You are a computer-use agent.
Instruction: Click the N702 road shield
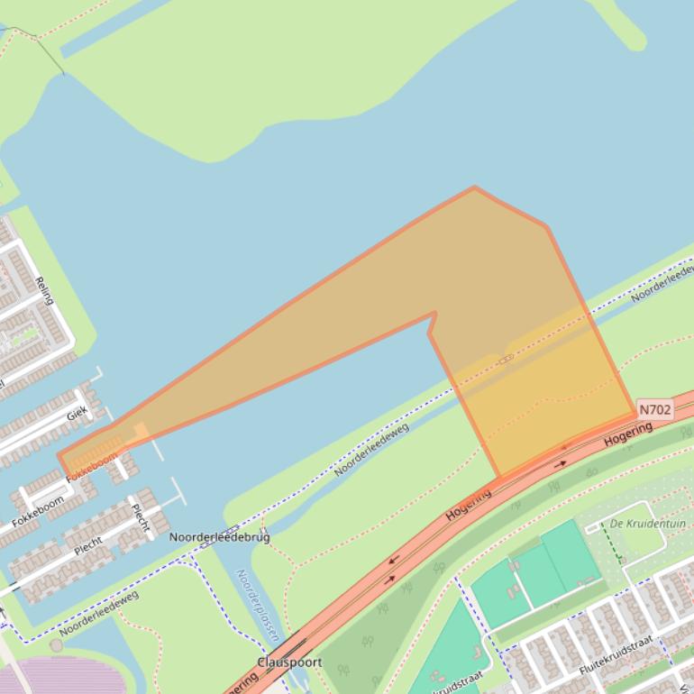pos(655,409)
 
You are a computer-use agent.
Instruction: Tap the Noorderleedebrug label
pos(219,537)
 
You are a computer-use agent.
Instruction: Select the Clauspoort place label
pos(289,662)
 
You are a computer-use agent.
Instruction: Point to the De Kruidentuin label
pos(648,524)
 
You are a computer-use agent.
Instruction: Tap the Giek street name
pos(77,415)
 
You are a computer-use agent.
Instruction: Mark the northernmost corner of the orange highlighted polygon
pos(474,187)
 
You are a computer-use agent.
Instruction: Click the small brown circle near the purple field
pos(57,645)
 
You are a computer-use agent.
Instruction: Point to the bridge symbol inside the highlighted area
pos(506,359)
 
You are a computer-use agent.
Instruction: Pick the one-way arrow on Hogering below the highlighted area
pos(560,464)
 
